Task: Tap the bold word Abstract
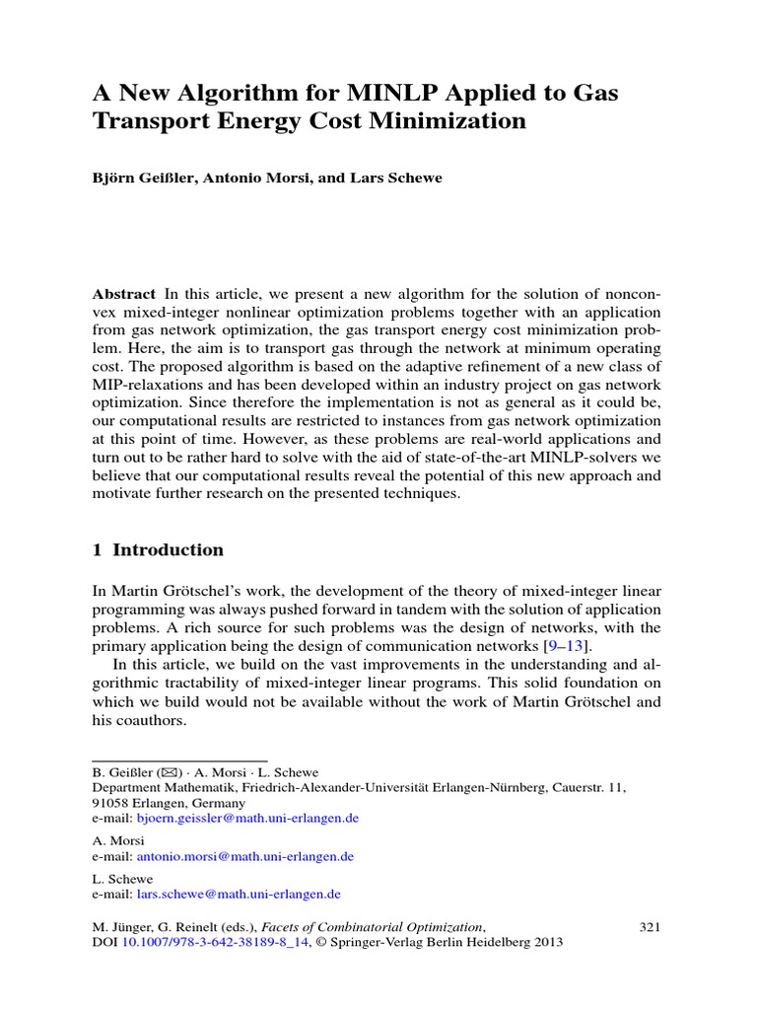[124, 294]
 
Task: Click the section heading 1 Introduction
[158, 549]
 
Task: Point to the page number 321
[650, 926]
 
